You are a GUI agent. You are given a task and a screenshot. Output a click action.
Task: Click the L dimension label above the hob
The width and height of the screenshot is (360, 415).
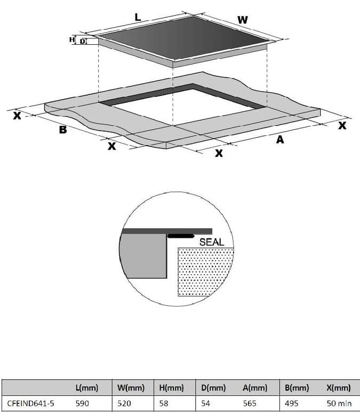click(x=138, y=17)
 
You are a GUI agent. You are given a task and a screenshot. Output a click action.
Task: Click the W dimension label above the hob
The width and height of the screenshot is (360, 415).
click(x=242, y=20)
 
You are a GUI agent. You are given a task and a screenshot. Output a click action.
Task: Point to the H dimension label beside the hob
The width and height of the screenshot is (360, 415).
click(x=72, y=39)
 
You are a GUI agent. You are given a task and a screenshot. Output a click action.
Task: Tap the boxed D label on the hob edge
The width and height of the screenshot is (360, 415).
click(x=83, y=41)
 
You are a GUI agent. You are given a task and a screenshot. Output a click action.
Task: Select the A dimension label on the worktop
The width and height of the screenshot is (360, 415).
click(x=279, y=140)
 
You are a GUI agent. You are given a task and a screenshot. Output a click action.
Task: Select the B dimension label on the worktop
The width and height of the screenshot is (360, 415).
click(x=62, y=129)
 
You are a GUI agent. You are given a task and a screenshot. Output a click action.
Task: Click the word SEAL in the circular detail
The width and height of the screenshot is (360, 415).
click(x=212, y=242)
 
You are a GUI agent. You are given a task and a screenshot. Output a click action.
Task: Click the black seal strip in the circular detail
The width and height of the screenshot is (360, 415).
click(x=181, y=235)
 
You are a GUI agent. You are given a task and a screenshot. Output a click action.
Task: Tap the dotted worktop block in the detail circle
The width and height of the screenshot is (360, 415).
click(x=205, y=272)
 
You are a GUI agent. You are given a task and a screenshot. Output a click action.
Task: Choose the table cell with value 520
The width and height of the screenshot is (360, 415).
click(x=124, y=403)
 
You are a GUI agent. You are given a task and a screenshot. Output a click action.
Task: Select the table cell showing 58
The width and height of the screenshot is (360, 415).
click(x=163, y=403)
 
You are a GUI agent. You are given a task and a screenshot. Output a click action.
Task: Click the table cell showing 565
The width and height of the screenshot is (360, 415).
click(x=250, y=403)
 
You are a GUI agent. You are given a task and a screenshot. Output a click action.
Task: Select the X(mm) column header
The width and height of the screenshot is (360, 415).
click(x=338, y=387)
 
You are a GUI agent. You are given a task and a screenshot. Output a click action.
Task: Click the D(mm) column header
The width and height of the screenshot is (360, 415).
click(x=213, y=387)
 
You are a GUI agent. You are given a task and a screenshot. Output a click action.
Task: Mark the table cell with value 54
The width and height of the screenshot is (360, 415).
click(x=206, y=403)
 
